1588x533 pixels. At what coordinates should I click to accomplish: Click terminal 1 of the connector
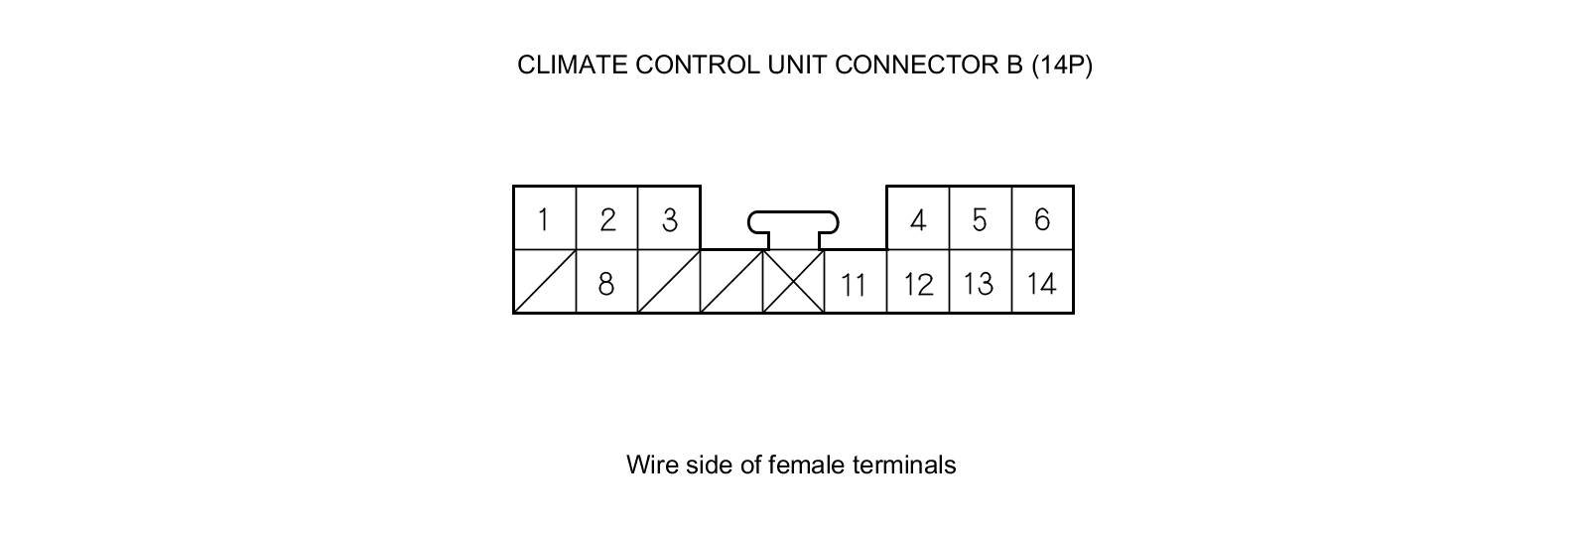click(544, 218)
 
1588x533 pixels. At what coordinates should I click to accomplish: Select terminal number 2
click(606, 218)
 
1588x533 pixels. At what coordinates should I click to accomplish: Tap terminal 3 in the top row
click(669, 218)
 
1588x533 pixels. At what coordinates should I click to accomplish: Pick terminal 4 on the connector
click(918, 218)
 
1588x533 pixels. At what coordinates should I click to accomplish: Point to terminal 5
click(980, 218)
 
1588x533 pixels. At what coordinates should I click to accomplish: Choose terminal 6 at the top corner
click(1042, 218)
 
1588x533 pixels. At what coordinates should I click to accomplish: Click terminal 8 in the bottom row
click(606, 283)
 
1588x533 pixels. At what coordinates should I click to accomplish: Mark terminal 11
click(854, 284)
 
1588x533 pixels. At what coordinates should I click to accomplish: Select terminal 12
click(918, 284)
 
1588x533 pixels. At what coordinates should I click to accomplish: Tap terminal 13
click(979, 284)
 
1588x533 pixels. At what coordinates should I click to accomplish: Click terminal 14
click(1041, 284)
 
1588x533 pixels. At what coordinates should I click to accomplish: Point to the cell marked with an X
click(793, 282)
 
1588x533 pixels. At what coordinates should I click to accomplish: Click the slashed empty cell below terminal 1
click(545, 282)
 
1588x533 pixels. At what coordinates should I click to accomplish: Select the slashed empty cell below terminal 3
click(669, 282)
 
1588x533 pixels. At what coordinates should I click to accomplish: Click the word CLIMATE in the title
click(572, 65)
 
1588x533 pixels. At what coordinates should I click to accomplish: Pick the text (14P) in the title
click(1062, 65)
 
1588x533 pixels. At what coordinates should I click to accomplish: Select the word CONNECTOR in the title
click(910, 65)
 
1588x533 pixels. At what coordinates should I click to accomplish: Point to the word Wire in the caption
click(651, 465)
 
